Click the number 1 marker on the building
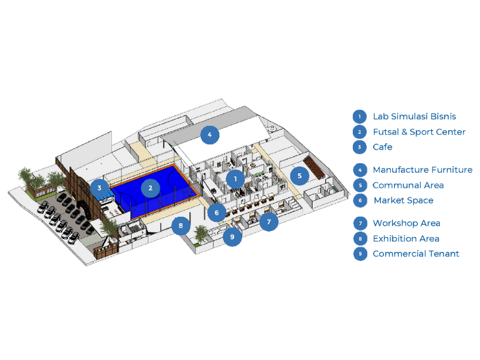[x=236, y=178]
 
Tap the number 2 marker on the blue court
[x=151, y=188]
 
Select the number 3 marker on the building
[x=100, y=188]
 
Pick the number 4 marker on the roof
[x=209, y=135]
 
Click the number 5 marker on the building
[x=299, y=176]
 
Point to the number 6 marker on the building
[x=217, y=212]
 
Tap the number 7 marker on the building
[x=269, y=222]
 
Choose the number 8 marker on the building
[x=181, y=226]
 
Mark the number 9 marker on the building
[x=232, y=237]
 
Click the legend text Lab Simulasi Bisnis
[x=414, y=116]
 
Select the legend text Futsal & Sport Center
[x=419, y=132]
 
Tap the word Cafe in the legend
[x=382, y=147]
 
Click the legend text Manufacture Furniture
[x=422, y=170]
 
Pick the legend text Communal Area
[x=408, y=185]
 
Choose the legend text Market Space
[x=403, y=200]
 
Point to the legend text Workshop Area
[x=406, y=223]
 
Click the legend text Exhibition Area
[x=406, y=238]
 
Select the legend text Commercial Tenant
[x=416, y=254]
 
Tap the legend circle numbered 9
[x=359, y=254]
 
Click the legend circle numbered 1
[x=359, y=116]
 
